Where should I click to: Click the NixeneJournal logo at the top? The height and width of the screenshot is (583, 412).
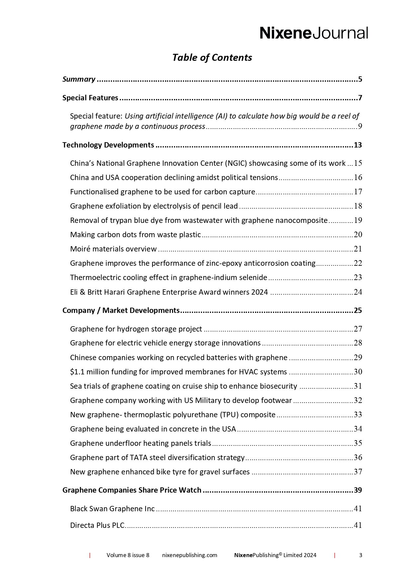click(314, 33)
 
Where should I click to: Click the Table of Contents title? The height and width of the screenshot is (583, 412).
click(212, 57)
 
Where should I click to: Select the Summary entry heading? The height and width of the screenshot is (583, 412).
click(79, 79)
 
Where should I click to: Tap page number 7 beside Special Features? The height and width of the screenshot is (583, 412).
click(360, 98)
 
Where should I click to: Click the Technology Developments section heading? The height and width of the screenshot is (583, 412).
click(108, 145)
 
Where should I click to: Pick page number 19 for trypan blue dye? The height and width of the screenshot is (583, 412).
click(358, 221)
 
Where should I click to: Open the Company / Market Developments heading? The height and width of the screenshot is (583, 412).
click(121, 311)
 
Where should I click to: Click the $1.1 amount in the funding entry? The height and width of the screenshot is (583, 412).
click(77, 372)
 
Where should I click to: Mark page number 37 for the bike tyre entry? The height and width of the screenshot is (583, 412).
click(358, 472)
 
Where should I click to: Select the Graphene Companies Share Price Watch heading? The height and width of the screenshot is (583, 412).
click(132, 490)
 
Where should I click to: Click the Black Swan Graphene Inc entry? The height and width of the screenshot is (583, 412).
click(112, 509)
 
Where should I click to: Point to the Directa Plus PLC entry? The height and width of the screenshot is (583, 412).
click(97, 526)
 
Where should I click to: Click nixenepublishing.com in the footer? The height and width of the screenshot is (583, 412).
click(190, 555)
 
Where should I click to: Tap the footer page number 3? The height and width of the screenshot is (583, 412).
click(361, 555)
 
